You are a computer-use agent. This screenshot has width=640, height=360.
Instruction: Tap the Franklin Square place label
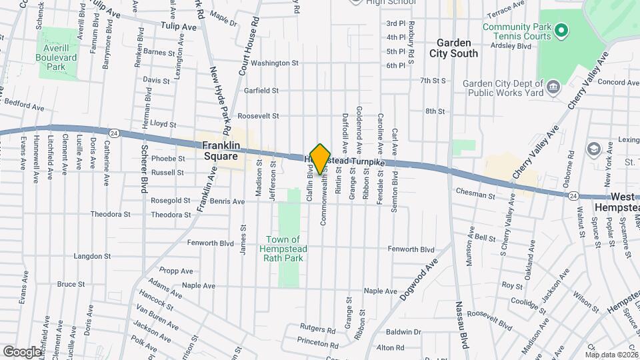tap(220, 150)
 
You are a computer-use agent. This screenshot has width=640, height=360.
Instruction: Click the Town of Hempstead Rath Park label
tap(284, 248)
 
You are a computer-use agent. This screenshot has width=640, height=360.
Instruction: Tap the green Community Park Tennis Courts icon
tap(561, 30)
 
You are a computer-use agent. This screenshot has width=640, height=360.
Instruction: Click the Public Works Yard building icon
tap(553, 87)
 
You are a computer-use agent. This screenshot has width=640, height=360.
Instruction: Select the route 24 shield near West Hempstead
tap(573, 195)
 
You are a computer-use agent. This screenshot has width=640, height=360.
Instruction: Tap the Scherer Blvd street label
tap(143, 171)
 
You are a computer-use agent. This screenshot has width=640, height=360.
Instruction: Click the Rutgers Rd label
tap(317, 329)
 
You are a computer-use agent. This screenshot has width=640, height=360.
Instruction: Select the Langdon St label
tap(91, 256)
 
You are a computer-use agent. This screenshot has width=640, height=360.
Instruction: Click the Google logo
tap(22, 351)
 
